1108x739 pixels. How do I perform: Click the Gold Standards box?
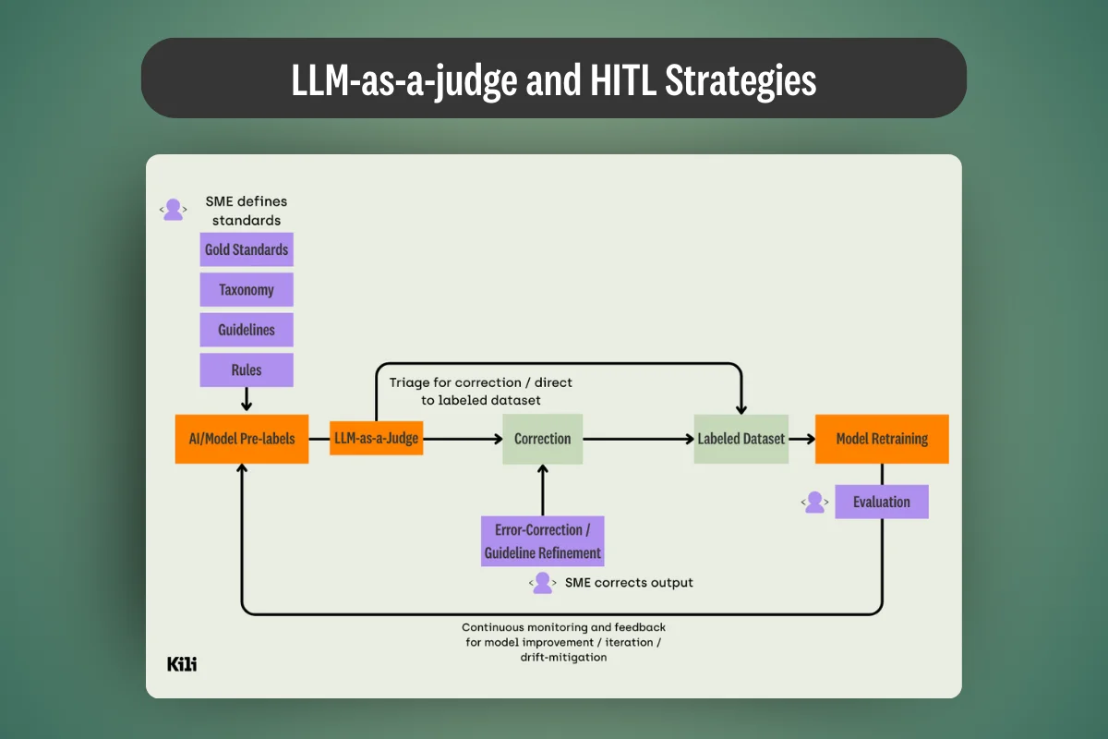tap(247, 249)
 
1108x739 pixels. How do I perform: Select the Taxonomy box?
tap(247, 290)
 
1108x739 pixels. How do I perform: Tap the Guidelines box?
tap(247, 330)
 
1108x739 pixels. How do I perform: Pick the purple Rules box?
tap(247, 369)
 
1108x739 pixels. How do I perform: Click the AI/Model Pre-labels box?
tap(242, 438)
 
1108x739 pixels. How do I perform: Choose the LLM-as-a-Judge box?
tap(377, 438)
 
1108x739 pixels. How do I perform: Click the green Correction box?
tap(542, 438)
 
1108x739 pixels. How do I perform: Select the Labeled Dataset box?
tap(741, 438)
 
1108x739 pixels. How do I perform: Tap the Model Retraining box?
tap(882, 438)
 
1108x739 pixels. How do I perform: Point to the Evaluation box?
tap(882, 502)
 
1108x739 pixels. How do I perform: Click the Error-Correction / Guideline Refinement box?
tap(543, 541)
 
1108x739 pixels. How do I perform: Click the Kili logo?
tap(182, 663)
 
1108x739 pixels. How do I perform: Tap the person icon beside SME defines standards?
tap(173, 210)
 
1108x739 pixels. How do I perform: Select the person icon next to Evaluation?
tap(814, 502)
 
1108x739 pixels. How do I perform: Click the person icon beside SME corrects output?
tap(543, 582)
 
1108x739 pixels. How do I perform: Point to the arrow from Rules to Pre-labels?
tap(247, 399)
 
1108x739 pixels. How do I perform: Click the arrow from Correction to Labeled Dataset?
tap(638, 438)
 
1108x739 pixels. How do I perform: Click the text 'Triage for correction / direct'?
tap(487, 382)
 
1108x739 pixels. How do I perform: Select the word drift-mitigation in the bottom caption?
tap(563, 658)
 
